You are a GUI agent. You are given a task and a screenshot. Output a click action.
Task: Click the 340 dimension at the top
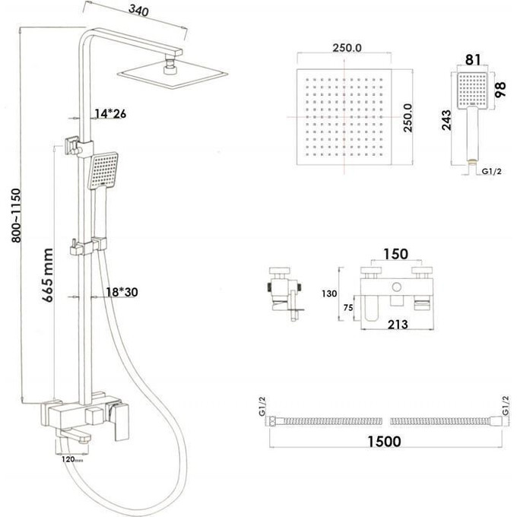(138, 11)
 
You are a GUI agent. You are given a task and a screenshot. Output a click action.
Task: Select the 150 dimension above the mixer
(395, 254)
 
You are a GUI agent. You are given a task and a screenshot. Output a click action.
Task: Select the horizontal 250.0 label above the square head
(346, 47)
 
